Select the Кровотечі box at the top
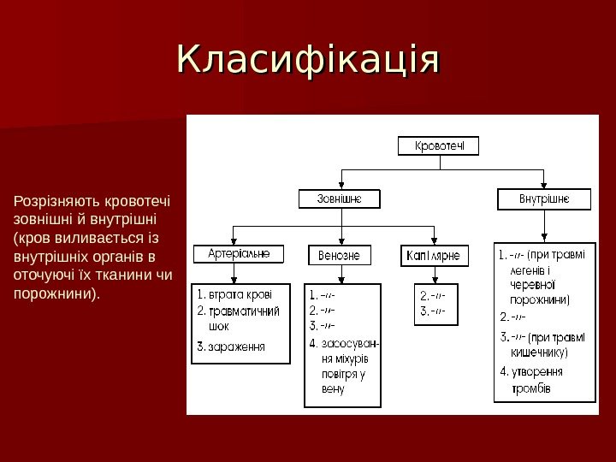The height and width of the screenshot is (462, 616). (439, 146)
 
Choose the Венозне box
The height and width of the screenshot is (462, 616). (340, 256)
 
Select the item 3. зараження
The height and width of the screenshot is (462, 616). (231, 346)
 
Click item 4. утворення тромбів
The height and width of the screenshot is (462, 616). (535, 380)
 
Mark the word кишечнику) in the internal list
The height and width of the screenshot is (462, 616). (539, 352)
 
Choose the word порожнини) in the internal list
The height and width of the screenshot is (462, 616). (540, 300)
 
